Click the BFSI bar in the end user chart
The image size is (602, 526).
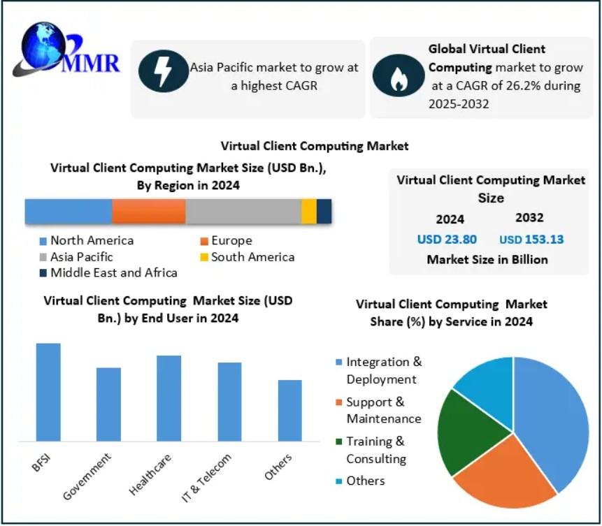[48, 392]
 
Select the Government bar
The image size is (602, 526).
[108, 404]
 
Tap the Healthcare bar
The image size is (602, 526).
[169, 398]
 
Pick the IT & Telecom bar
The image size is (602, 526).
[229, 402]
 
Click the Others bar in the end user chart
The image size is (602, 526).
[289, 411]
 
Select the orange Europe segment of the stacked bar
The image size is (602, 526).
[149, 211]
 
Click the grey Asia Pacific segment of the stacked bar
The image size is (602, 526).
[243, 211]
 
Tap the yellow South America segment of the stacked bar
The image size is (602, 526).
[309, 211]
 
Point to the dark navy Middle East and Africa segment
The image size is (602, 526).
[324, 211]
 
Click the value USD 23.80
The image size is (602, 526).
[447, 240]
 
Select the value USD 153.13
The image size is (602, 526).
[531, 240]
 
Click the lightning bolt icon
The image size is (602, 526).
[164, 71]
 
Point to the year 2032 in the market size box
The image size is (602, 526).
[529, 218]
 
